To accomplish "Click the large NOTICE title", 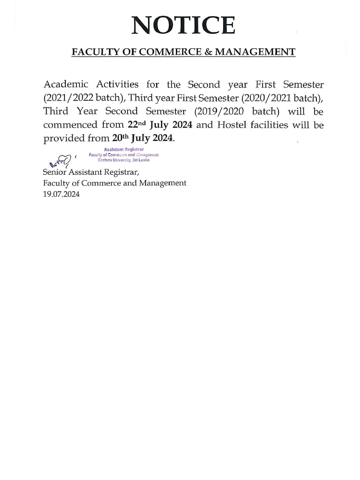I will click(x=183, y=25).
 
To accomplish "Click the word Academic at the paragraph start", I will click(x=66, y=84).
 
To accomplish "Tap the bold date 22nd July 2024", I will click(x=160, y=124).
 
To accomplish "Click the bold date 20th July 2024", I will click(x=143, y=138).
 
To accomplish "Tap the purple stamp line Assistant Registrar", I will click(x=123, y=150).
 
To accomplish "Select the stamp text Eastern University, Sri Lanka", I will click(x=123, y=160).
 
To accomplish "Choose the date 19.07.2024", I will click(x=61, y=194).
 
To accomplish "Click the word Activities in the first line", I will click(x=117, y=84).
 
